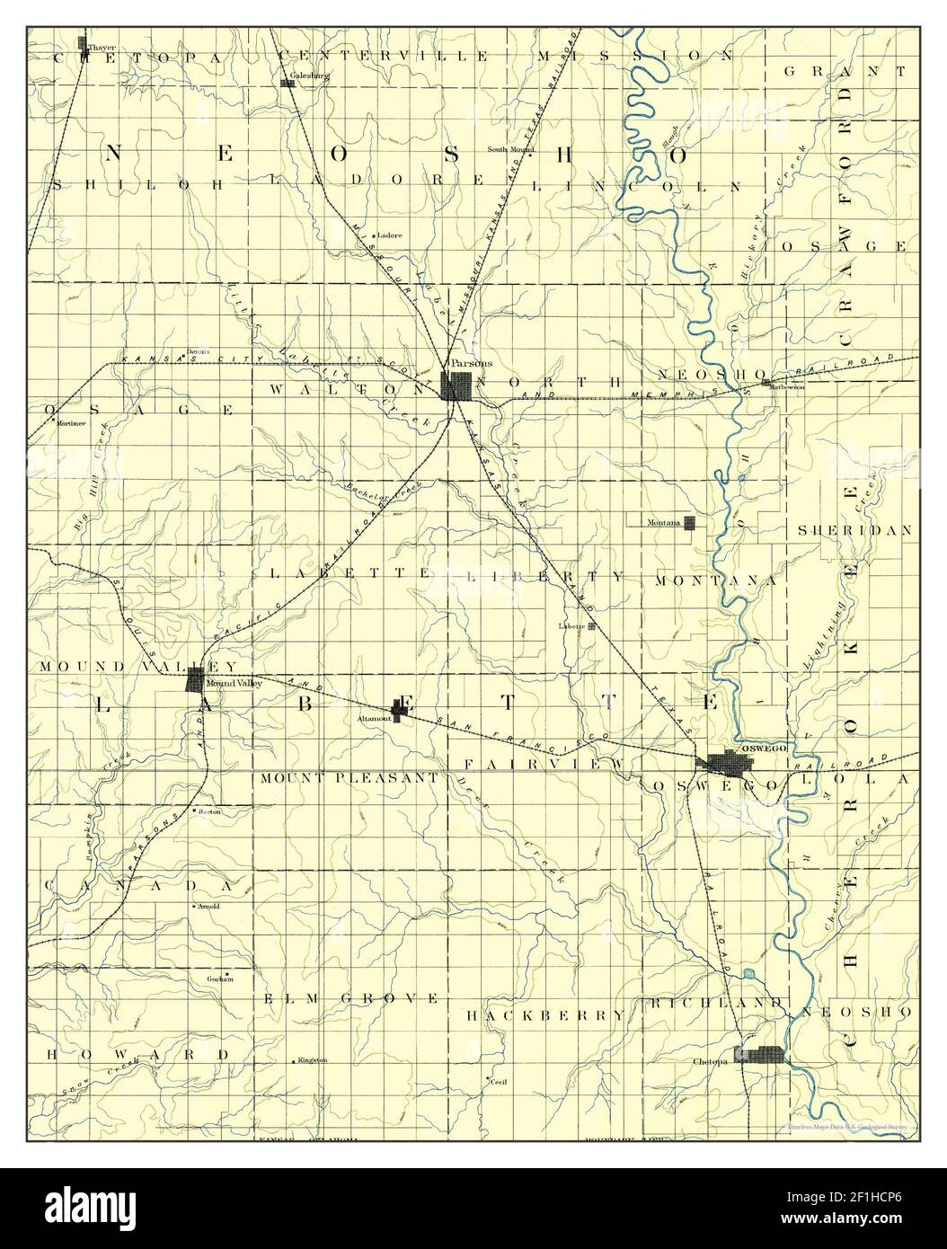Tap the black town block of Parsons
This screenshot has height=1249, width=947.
pos(457,386)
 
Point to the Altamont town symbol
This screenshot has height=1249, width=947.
pos(400,711)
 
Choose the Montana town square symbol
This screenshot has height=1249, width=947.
pos(690,523)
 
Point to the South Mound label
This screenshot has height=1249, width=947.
pos(511,148)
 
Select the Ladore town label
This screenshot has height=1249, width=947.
pos(390,235)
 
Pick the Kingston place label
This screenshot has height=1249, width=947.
pos(313,1060)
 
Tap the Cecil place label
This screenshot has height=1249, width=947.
pos(500,1083)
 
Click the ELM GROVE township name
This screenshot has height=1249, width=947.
pos(351,998)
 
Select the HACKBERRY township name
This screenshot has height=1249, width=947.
pos(545,1014)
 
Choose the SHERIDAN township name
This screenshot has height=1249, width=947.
pos(854,531)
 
